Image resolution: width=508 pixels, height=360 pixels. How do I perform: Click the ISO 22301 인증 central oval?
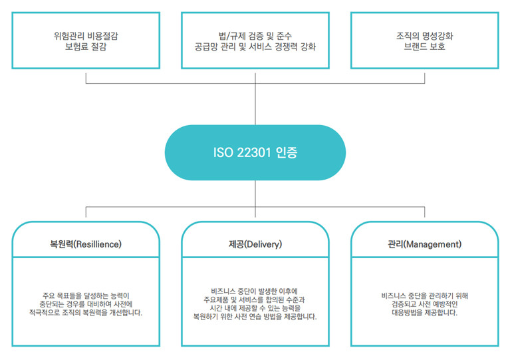(255, 152)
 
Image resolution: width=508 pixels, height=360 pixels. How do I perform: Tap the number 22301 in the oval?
(254, 152)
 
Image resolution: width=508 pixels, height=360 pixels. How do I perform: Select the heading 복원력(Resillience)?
(86, 244)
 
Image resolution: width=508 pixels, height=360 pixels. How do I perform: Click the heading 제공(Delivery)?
(255, 244)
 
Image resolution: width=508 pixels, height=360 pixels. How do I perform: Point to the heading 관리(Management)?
(424, 244)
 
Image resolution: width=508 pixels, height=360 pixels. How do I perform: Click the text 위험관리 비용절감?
(86, 36)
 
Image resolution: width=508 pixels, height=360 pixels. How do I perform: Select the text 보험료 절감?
(86, 47)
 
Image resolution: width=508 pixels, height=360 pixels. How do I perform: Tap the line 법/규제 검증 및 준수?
(255, 36)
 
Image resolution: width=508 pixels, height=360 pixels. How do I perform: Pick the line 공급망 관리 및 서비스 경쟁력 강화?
(255, 47)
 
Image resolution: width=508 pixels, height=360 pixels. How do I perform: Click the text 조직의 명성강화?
(424, 36)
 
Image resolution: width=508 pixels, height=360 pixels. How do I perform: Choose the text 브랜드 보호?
(424, 47)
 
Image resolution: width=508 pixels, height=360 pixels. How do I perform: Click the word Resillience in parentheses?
(98, 244)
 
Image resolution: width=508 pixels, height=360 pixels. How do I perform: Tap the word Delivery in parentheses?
(263, 244)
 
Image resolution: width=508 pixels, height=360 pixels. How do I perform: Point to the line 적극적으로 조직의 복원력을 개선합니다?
(86, 313)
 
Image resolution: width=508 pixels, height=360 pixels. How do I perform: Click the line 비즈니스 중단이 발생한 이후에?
(254, 291)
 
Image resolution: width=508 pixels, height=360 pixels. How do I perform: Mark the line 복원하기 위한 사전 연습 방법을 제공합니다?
(255, 317)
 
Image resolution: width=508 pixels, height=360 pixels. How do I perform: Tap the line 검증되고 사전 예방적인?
(424, 304)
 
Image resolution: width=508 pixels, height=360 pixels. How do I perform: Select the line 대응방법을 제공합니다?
(424, 313)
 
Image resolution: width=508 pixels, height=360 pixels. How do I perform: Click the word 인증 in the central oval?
(287, 152)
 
